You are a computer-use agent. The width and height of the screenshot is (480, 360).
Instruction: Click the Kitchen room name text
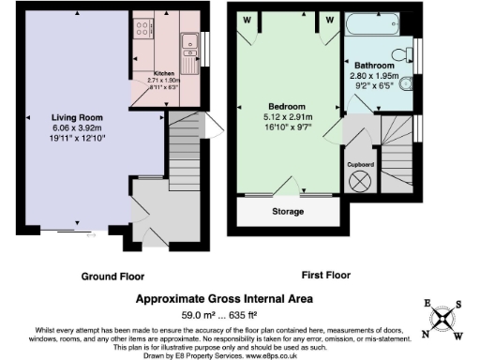pyautogui.click(x=164, y=72)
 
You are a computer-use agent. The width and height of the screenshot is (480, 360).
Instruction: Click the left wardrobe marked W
pyautogui.click(x=248, y=18)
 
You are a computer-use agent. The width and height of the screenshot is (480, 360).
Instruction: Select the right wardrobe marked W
pyautogui.click(x=330, y=18)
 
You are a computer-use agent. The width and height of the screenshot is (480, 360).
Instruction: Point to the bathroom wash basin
pyautogui.click(x=406, y=82)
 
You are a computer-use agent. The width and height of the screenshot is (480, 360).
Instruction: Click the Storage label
pyautogui.click(x=288, y=212)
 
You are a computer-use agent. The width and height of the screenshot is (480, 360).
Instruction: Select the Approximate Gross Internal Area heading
pyautogui.click(x=218, y=299)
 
